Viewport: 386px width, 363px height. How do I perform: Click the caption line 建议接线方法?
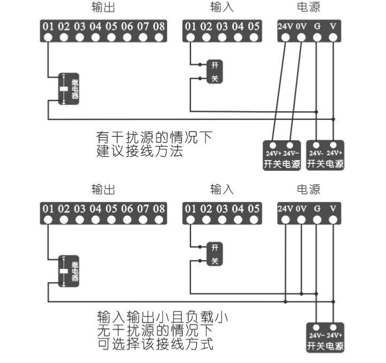pos(140,152)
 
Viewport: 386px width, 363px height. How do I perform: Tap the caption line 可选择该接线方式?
pos(155,343)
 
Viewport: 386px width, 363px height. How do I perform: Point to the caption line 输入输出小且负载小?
pos(162,317)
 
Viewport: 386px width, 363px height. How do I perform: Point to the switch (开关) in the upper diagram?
pos(214,72)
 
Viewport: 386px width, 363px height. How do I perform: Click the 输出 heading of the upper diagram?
pos(103,7)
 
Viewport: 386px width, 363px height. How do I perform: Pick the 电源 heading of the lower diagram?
pos(308,189)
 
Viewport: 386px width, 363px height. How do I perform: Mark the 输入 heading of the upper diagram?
pos(222,7)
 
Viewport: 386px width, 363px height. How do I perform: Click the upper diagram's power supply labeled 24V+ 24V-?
pos(281,155)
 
